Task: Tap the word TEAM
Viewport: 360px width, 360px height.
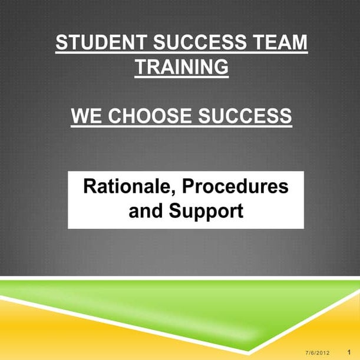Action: coord(282,43)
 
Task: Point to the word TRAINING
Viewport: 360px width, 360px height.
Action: coord(181,67)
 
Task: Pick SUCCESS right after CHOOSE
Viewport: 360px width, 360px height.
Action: coord(245,116)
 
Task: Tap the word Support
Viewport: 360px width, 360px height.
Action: coord(206,210)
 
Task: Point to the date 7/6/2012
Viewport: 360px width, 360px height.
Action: coord(318,352)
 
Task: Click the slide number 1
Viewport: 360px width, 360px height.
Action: coord(349,352)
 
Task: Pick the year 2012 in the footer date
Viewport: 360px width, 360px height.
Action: coord(322,352)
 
